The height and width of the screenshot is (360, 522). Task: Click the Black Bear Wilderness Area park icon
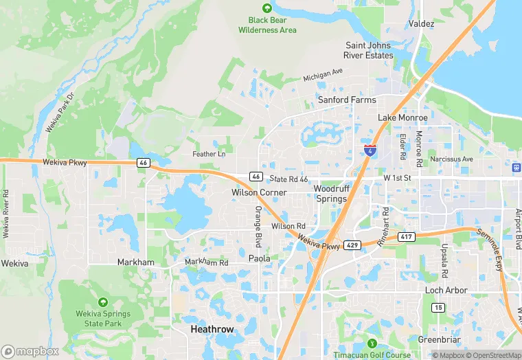[x=268, y=8]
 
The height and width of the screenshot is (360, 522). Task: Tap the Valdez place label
[x=421, y=23]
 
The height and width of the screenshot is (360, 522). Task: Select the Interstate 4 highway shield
[x=370, y=149]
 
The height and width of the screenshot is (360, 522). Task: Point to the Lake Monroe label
[x=402, y=117]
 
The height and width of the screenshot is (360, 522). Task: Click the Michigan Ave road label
[x=323, y=72]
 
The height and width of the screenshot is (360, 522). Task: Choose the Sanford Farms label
[x=347, y=100]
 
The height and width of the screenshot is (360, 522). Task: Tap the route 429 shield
[x=352, y=245]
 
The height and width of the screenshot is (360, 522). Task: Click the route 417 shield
[x=406, y=237]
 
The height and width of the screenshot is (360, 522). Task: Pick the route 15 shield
[x=438, y=307]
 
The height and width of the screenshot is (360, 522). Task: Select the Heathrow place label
[x=212, y=330]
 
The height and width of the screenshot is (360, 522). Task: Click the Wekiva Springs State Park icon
[x=103, y=302]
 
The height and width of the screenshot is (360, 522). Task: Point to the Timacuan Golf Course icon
[x=372, y=344]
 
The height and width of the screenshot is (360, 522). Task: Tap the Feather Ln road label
[x=209, y=154]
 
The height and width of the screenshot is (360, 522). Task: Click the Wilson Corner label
[x=259, y=192]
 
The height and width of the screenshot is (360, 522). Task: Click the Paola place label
[x=259, y=258]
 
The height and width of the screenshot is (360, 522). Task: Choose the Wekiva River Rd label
[x=6, y=214]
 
